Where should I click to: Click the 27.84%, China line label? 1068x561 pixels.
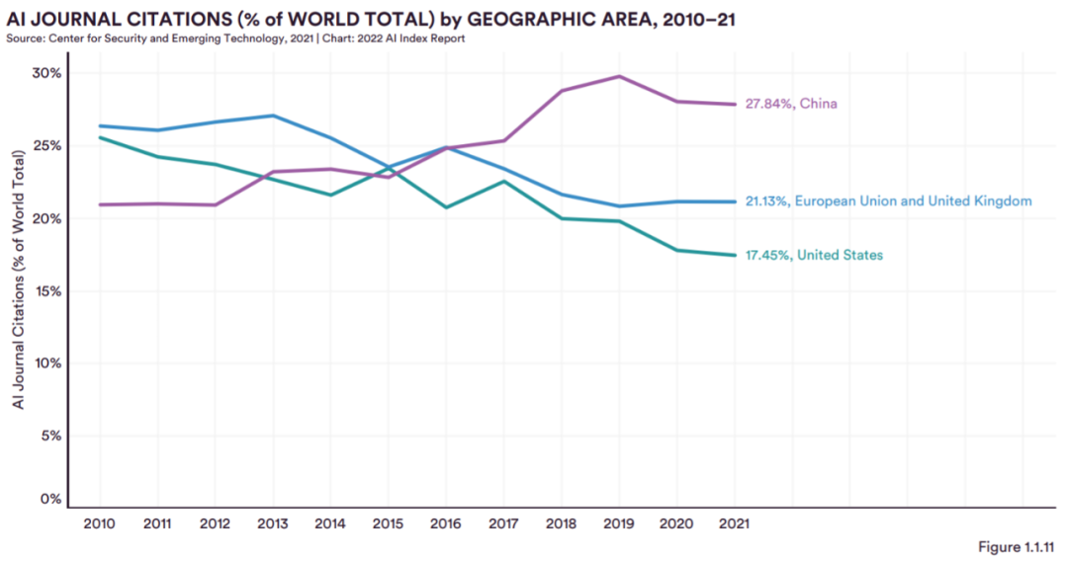[792, 104]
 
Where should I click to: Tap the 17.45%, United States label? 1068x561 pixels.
[814, 255]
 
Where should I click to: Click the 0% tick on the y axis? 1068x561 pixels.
[50, 499]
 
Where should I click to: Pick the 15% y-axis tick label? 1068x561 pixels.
[46, 291]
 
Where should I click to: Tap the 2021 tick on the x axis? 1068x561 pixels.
[734, 523]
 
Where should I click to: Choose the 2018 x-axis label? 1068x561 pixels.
[560, 523]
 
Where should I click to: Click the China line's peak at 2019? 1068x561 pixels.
[618, 76]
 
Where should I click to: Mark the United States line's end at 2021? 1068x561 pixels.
[734, 255]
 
